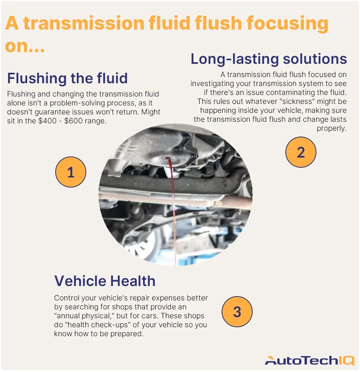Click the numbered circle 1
[x=70, y=172]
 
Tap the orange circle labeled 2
[x=301, y=152]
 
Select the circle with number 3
[x=237, y=312]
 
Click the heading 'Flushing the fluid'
[x=67, y=78]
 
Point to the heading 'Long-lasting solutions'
[x=268, y=59]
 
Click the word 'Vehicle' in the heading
[x=80, y=281]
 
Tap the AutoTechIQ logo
[x=309, y=360]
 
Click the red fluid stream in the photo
[x=169, y=202]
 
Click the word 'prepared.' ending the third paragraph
[x=127, y=333]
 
